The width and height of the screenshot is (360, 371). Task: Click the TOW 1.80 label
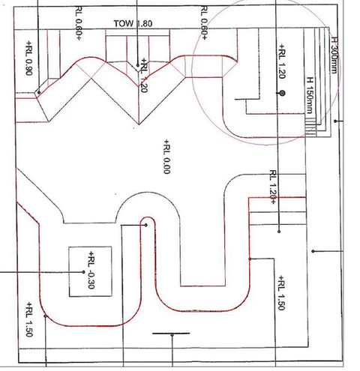pyautogui.click(x=133, y=23)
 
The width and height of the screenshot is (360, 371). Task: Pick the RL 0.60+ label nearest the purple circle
pyautogui.click(x=204, y=23)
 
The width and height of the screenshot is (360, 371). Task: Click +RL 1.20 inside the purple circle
pyautogui.click(x=282, y=61)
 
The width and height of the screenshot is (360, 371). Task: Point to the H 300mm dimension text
pyautogui.click(x=334, y=55)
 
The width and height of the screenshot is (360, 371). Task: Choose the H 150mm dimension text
pyautogui.click(x=309, y=95)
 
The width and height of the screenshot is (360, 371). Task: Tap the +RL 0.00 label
pyautogui.click(x=166, y=157)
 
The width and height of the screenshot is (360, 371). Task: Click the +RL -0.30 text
pyautogui.click(x=91, y=270)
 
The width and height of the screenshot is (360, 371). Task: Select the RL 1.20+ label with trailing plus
pyautogui.click(x=273, y=187)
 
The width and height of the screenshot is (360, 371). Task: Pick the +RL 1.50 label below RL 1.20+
pyautogui.click(x=281, y=293)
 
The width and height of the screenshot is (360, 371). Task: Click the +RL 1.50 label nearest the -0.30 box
pyautogui.click(x=29, y=319)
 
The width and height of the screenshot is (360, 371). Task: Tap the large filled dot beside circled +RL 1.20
pyautogui.click(x=282, y=94)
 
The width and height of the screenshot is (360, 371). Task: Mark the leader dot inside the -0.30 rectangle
pyautogui.click(x=83, y=272)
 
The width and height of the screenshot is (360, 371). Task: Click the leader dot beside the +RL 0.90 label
pyautogui.click(x=39, y=92)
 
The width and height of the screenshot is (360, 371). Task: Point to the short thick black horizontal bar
pyautogui.click(x=171, y=334)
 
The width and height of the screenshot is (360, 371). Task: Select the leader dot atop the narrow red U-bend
pyautogui.click(x=146, y=225)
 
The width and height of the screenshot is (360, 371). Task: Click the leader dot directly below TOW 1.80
pyautogui.click(x=138, y=65)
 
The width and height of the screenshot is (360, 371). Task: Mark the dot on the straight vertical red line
pyautogui.click(x=250, y=259)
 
